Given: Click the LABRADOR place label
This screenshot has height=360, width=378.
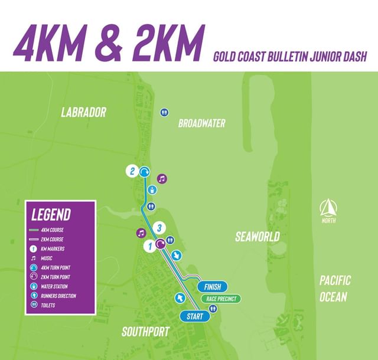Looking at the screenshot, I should point(83,112).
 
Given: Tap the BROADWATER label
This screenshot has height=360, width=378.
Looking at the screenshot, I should point(202,123).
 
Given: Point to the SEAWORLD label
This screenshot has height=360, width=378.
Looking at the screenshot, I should point(257,237).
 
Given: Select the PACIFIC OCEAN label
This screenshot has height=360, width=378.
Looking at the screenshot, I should point(334,288).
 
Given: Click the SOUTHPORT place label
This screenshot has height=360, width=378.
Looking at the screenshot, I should point(145,332).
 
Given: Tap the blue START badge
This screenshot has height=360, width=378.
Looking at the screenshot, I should point(194,316).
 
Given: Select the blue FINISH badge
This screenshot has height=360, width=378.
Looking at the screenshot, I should point(212,287).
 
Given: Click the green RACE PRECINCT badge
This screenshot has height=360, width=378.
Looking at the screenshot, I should point(221,299).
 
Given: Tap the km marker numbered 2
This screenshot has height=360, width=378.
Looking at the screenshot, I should point(132,172).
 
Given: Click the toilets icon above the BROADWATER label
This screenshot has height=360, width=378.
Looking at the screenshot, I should point(164,112).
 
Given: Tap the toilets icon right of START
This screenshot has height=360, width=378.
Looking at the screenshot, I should point(213,308).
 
